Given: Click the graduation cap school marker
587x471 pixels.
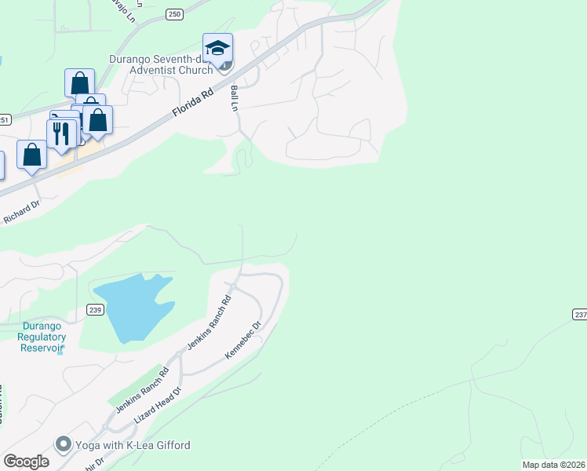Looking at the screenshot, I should point(217,48).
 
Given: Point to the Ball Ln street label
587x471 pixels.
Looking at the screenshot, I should point(234,98).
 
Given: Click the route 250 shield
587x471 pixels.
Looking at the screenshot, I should point(174,14).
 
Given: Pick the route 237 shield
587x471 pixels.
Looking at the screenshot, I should point(580,314).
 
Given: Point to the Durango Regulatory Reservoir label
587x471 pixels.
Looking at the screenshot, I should point(42,337).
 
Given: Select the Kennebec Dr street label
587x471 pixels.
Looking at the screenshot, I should point(242,340).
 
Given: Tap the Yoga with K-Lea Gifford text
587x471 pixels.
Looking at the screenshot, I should point(133,445).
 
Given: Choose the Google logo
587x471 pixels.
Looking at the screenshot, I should point(26,462).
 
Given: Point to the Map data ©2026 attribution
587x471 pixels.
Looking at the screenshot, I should point(553,465).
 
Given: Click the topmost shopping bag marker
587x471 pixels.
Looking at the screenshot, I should point(79,82).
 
